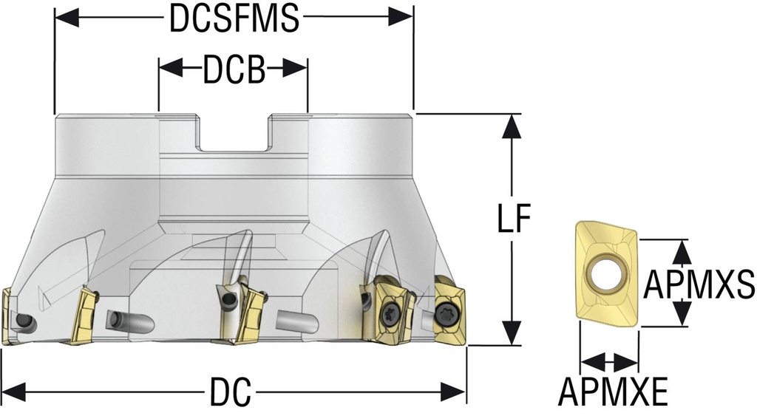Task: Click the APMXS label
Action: coord(699,283)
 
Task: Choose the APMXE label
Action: coord(613,392)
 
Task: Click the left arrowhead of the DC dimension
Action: coord(15,391)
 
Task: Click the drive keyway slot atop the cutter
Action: coord(235,133)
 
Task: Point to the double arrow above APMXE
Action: coord(609,362)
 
